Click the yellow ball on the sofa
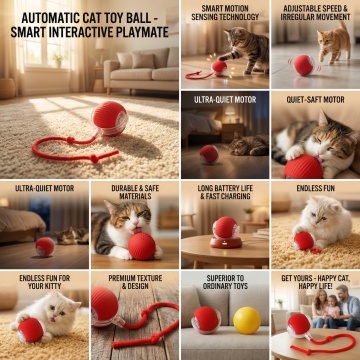[x=247, y=320]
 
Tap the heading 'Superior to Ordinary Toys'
[x=225, y=282]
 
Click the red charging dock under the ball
[x=226, y=242]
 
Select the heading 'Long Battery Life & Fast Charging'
[x=225, y=192]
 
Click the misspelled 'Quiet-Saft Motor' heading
[x=315, y=99]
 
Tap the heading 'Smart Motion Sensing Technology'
[x=225, y=12]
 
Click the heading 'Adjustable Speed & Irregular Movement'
[x=315, y=12]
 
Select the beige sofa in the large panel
[x=141, y=69]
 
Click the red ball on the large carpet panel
[x=110, y=119]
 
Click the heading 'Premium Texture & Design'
[x=135, y=282]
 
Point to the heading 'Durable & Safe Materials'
[x=135, y=192]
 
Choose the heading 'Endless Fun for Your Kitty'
[x=44, y=282]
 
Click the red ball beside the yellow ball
[x=206, y=320]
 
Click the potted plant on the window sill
[x=58, y=61]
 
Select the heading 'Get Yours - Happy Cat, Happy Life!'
[x=315, y=282]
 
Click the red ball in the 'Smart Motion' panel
[x=220, y=68]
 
